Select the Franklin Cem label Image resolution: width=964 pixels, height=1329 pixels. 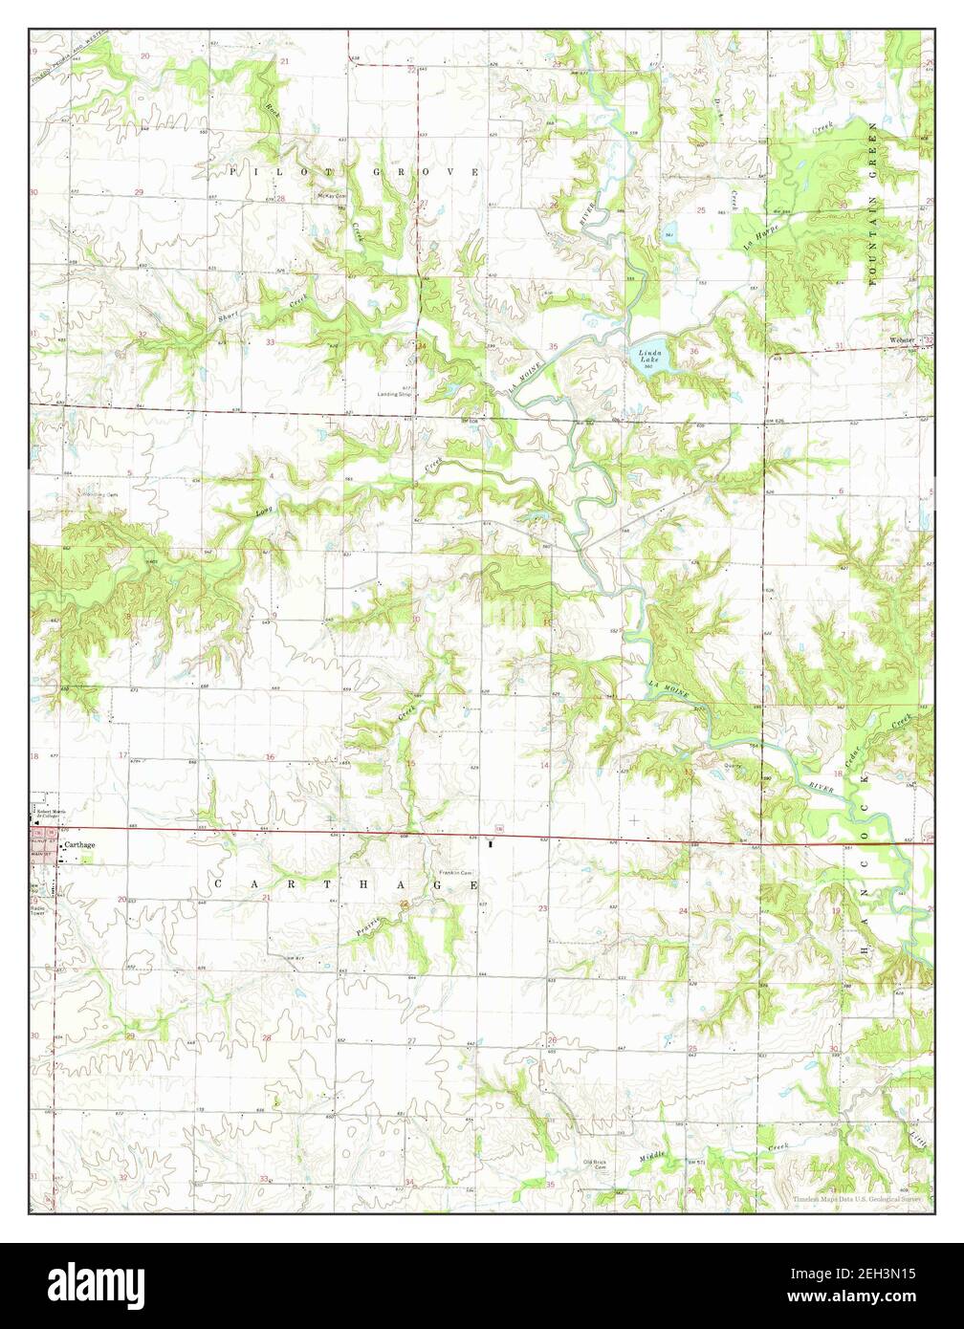click(456, 873)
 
